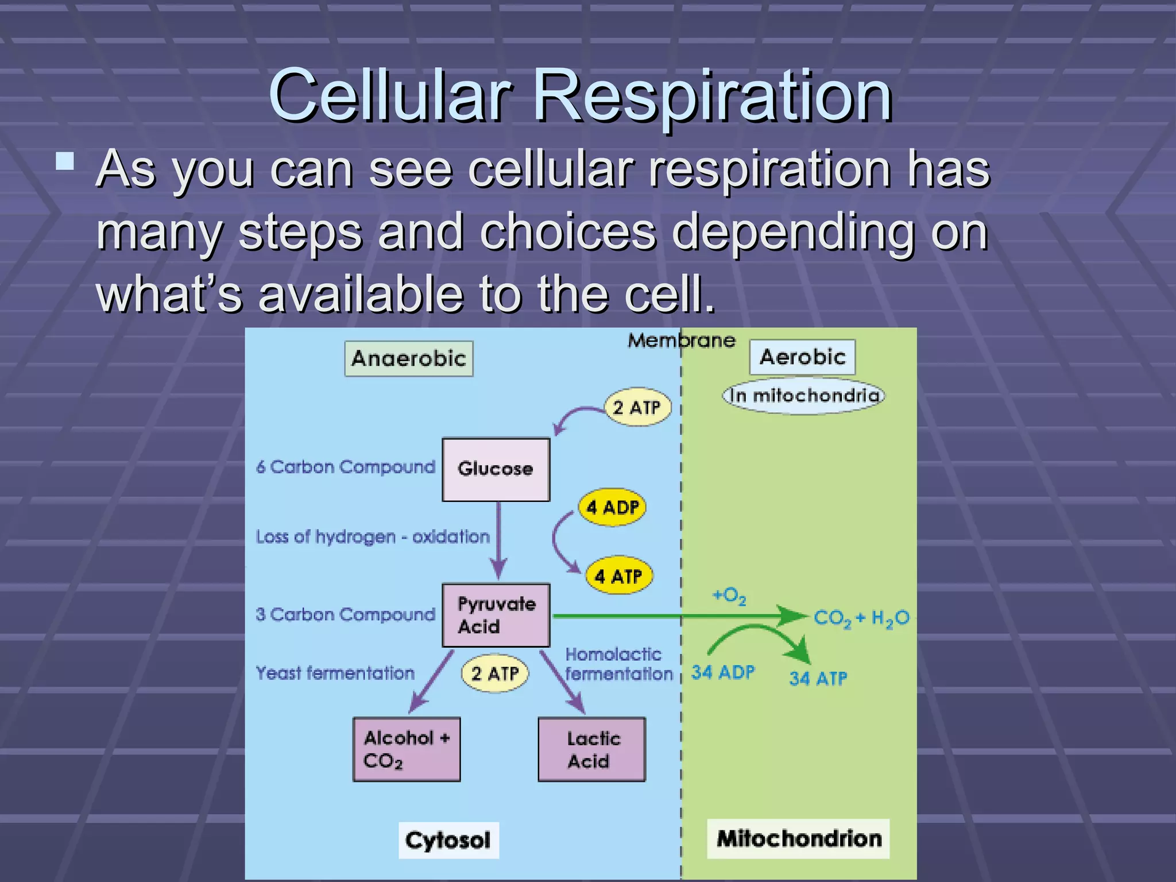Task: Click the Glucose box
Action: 496,469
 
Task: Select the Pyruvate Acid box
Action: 496,615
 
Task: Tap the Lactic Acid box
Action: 591,749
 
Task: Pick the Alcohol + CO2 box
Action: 406,749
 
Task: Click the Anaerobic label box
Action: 408,358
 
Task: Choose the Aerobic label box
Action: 802,357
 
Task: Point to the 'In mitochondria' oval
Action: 803,396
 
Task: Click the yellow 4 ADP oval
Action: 612,507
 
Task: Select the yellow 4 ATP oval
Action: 618,576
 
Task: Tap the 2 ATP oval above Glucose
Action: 637,407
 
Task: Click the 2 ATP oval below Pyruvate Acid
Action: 494,673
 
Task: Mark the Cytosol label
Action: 448,840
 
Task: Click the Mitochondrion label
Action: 798,839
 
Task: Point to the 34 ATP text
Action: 818,679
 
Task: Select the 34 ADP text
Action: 722,672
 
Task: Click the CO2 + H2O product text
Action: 861,618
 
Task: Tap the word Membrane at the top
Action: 681,341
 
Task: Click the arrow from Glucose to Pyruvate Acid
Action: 498,540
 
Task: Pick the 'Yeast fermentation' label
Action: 335,673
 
